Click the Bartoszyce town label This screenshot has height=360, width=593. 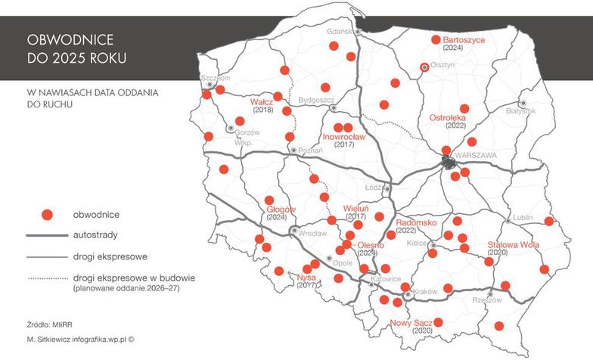click(x=464, y=39)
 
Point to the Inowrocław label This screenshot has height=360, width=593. click(x=343, y=137)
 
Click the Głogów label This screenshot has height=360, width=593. click(x=281, y=209)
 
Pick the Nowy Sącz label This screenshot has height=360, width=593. click(x=411, y=324)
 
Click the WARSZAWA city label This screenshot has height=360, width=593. click(x=477, y=155)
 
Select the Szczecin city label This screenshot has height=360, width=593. click(x=216, y=77)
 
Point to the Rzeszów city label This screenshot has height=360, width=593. click(x=489, y=300)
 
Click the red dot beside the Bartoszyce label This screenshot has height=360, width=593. click(x=435, y=39)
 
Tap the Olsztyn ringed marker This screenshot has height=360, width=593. click(x=424, y=67)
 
